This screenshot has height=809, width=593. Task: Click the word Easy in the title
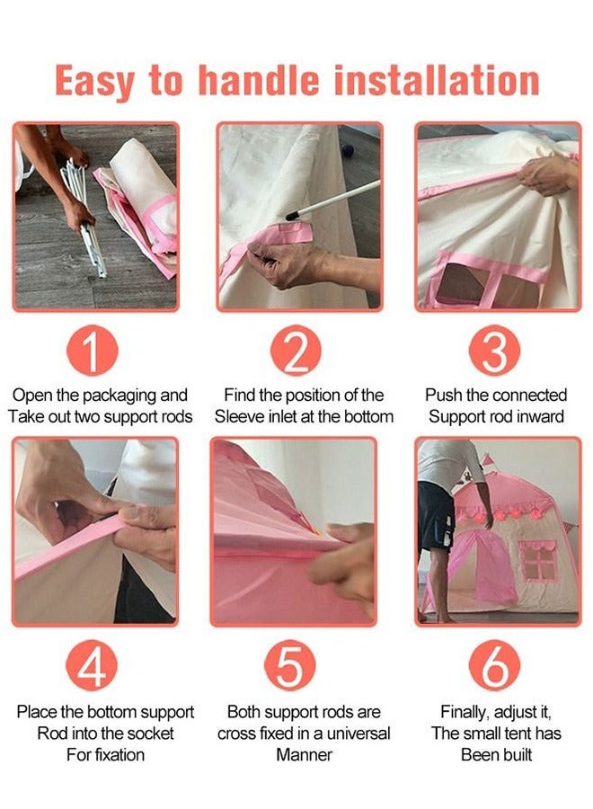94,82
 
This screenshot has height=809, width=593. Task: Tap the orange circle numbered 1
93,351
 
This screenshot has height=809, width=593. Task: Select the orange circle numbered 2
296,351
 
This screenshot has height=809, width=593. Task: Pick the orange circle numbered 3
494,351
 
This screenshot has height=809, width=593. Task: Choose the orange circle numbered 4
92,665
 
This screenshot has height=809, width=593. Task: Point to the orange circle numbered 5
290,665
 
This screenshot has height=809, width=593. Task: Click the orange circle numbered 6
494,665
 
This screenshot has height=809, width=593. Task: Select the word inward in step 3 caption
538,416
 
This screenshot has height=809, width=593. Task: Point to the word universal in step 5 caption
358,733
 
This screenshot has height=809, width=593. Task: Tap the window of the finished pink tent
539,560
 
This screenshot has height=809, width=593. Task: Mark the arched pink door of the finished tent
482,566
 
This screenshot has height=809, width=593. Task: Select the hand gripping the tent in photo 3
546,175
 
